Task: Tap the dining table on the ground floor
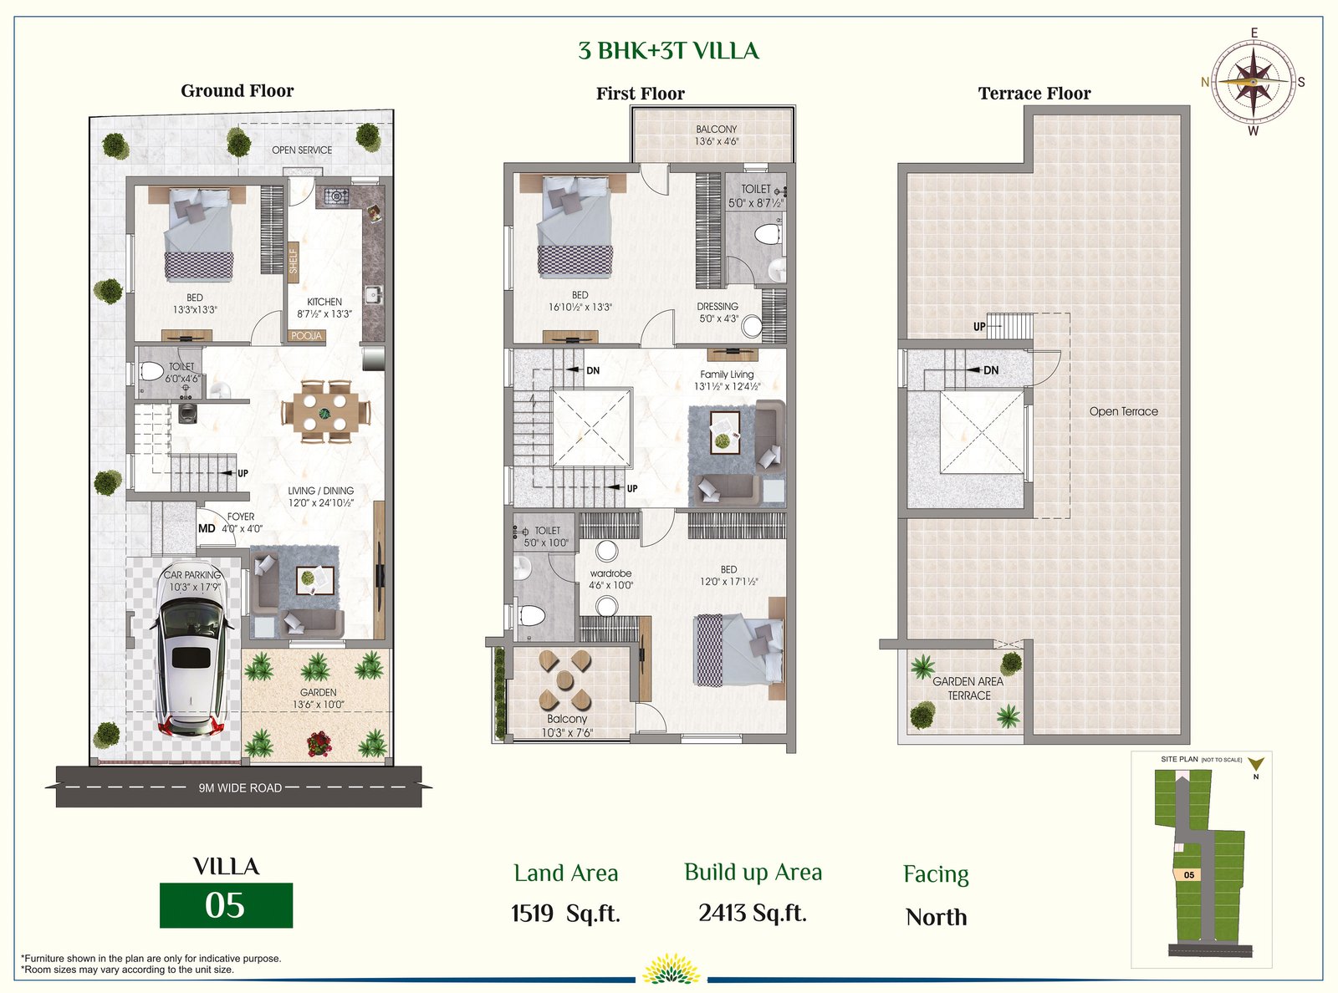click(324, 412)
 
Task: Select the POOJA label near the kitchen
click(306, 336)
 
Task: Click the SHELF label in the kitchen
click(294, 261)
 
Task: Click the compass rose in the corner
click(1254, 81)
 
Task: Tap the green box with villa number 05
click(227, 905)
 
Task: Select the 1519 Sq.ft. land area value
click(565, 914)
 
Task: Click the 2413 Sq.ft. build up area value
click(753, 913)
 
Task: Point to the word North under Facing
click(937, 917)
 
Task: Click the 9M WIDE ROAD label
click(240, 787)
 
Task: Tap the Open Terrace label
click(1123, 411)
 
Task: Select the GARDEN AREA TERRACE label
click(968, 688)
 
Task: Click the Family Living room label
click(727, 374)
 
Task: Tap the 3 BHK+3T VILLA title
click(668, 51)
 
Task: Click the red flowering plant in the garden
click(319, 743)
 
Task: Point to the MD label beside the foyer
click(207, 528)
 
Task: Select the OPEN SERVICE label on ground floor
click(302, 150)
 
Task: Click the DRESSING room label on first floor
click(718, 306)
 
